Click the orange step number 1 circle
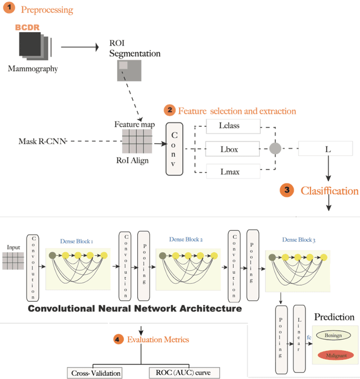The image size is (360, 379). click(x=10, y=10)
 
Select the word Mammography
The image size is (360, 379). click(x=33, y=69)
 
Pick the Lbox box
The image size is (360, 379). click(x=233, y=150)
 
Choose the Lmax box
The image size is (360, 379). click(x=233, y=172)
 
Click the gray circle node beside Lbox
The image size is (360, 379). click(x=275, y=149)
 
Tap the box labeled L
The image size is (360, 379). click(x=327, y=150)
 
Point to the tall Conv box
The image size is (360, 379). click(x=174, y=149)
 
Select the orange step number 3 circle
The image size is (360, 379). click(x=286, y=190)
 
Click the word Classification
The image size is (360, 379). click(x=329, y=191)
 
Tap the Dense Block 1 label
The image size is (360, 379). click(x=76, y=241)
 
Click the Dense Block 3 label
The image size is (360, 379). click(x=299, y=240)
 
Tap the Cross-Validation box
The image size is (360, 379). click(x=96, y=373)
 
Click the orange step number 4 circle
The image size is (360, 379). click(x=118, y=339)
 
